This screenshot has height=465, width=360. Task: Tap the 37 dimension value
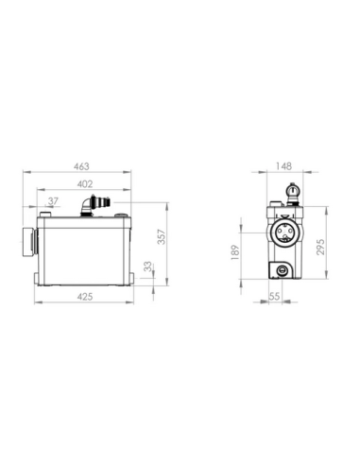[x=52, y=201]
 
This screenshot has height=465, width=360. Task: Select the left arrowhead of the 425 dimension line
[x=38, y=304]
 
